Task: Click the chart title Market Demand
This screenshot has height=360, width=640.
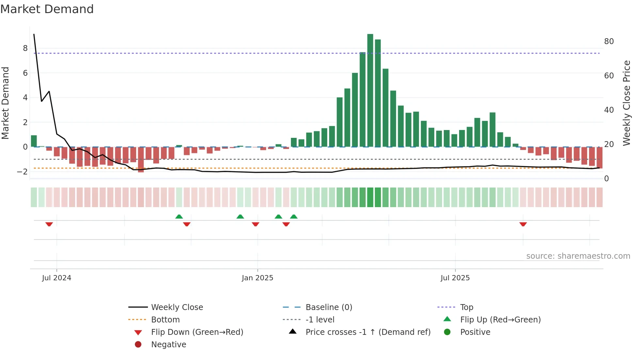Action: [x=47, y=9]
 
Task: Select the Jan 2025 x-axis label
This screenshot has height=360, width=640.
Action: [x=257, y=278]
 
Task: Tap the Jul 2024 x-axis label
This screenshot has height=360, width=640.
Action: [x=56, y=278]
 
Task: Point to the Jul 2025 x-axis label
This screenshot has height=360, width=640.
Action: [x=455, y=278]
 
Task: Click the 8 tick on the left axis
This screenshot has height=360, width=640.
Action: [x=25, y=48]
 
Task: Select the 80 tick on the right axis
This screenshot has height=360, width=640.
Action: [x=609, y=41]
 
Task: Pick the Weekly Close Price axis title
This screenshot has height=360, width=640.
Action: [x=626, y=103]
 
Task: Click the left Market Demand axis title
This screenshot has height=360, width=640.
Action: [x=6, y=103]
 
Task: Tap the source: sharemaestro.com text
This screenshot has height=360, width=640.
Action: [x=578, y=256]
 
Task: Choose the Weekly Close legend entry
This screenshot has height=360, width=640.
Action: [x=177, y=307]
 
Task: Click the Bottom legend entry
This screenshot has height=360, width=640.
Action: [x=165, y=320]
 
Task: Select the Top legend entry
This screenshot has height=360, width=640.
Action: [x=466, y=307]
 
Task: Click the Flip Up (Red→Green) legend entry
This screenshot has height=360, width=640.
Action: [x=500, y=320]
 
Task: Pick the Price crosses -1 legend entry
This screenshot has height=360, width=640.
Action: [x=368, y=332]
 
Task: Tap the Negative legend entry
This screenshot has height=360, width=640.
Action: [x=168, y=345]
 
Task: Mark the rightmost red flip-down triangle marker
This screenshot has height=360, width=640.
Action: [x=523, y=224]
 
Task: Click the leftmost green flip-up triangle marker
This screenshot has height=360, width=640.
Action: [x=179, y=217]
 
